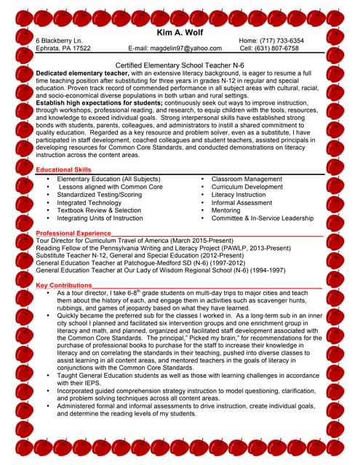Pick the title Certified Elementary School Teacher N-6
(179, 65)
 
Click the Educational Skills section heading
(63, 169)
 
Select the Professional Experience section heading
(73, 232)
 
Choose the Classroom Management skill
(246, 179)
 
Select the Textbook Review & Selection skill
(99, 210)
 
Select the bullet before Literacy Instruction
(203, 195)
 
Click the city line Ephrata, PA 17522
(63, 49)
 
